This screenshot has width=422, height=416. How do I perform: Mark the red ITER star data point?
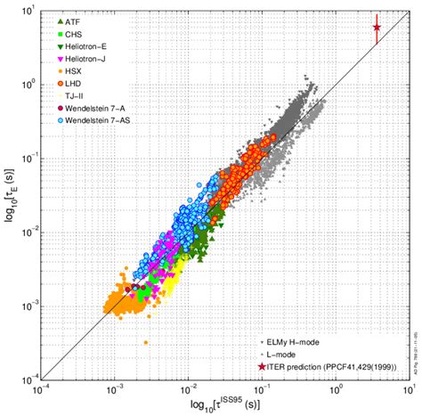coord(377,28)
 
